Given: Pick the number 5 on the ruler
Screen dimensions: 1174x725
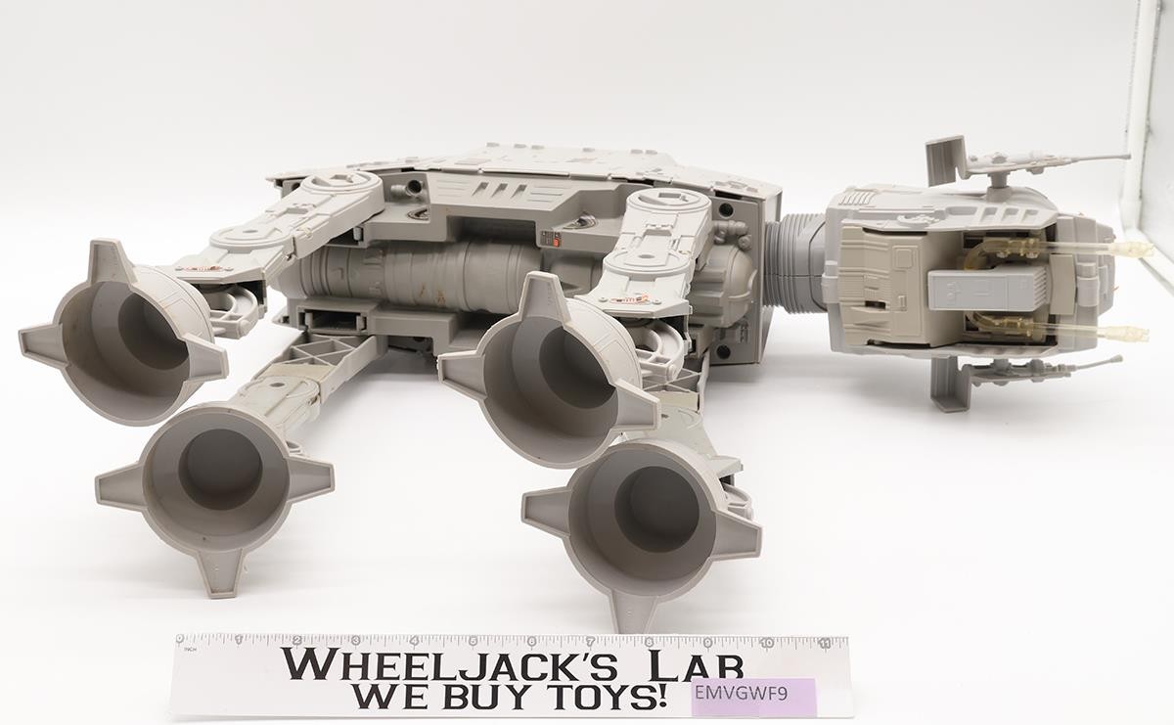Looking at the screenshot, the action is pos(474,641).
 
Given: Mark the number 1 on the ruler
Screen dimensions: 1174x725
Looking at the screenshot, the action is pos(240,640).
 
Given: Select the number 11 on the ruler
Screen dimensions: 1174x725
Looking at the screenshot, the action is pos(826,643).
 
